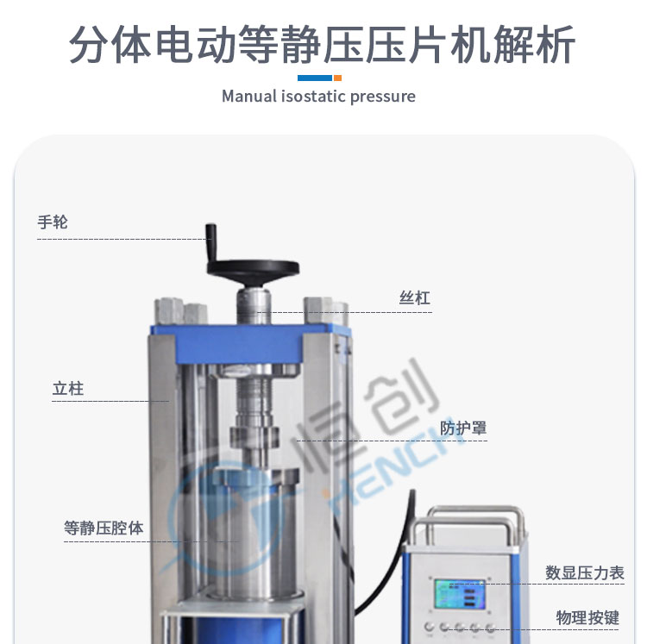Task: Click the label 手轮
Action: pos(53,222)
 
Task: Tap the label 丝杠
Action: pos(415,298)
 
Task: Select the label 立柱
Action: pos(68,389)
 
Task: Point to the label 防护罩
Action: pos(463,428)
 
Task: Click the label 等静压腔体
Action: pos(104,528)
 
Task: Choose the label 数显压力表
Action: pos(585,573)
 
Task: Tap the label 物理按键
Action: pos(587,618)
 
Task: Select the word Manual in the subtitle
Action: pos(249,97)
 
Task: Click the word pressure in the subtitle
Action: pos(382,97)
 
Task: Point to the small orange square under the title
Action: pos(337,78)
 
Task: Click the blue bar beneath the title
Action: pos(315,78)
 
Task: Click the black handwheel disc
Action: pos(253,269)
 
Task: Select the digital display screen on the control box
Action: pos(460,594)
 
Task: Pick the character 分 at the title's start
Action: pos(89,44)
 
